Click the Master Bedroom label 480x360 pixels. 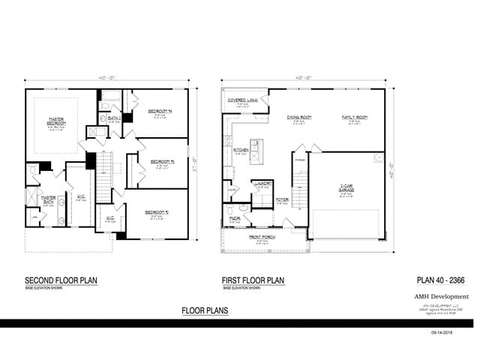pyautogui.click(x=56, y=120)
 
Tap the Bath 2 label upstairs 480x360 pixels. pyautogui.click(x=114, y=118)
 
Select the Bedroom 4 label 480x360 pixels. pyautogui.click(x=160, y=111)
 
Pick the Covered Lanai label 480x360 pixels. pyautogui.click(x=242, y=100)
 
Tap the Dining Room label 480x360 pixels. pyautogui.click(x=299, y=118)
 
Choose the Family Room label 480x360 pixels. pyautogui.click(x=355, y=118)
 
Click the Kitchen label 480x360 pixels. pyautogui.click(x=241, y=151)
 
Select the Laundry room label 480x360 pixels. pyautogui.click(x=262, y=183)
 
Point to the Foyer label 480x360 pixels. pyautogui.click(x=282, y=199)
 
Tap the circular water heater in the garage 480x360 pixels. pyautogui.click(x=379, y=159)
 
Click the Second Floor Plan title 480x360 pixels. pyautogui.click(x=61, y=281)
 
